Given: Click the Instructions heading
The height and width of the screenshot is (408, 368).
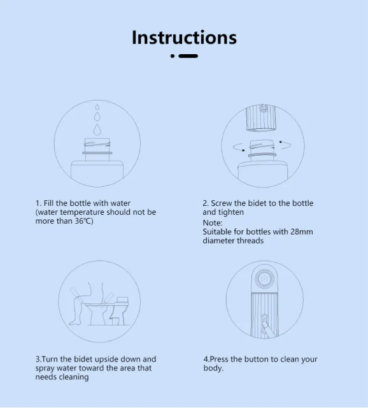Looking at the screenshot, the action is [184, 38].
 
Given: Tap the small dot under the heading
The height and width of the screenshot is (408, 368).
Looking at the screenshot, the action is [173, 56].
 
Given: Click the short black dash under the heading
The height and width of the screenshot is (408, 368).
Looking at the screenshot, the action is [188, 56].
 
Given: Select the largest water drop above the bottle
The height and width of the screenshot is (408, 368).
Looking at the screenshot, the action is [97, 129].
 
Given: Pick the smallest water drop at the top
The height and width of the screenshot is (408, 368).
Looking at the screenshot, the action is [97, 106].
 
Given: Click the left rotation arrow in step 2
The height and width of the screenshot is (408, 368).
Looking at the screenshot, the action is [239, 147].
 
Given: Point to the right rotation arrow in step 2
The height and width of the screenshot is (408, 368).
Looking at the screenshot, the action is [285, 145].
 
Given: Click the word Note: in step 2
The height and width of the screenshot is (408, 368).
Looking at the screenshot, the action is [213, 222].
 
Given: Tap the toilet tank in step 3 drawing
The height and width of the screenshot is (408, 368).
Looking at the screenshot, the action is [122, 301].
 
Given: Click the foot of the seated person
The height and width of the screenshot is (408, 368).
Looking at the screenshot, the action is [74, 323].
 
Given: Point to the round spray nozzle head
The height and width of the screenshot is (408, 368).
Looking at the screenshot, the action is [264, 279].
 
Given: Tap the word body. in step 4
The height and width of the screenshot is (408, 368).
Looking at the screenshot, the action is [213, 368].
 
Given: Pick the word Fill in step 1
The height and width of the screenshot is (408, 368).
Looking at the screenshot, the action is [48, 203].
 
